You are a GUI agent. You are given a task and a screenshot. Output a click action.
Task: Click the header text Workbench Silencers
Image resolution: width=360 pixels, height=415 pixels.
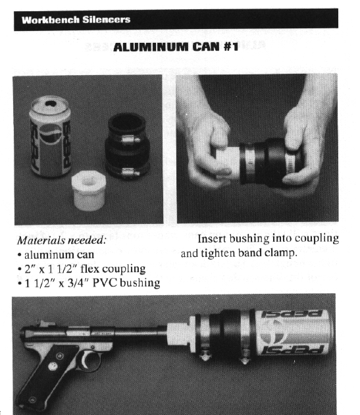(x=76, y=20)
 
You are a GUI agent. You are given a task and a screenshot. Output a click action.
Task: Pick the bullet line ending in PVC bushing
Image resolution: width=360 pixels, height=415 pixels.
(x=88, y=283)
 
